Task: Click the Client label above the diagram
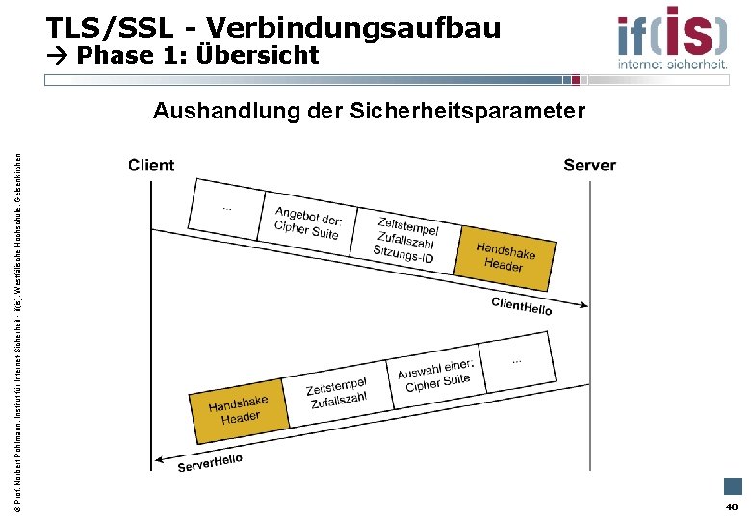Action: [151, 165]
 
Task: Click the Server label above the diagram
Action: [589, 165]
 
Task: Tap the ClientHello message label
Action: [522, 306]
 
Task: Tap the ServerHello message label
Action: [210, 463]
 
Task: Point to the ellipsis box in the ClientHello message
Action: [227, 207]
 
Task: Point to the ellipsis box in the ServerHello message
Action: [518, 362]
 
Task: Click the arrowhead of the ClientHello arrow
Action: [582, 307]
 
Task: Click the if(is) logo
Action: [672, 37]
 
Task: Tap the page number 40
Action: [732, 507]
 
